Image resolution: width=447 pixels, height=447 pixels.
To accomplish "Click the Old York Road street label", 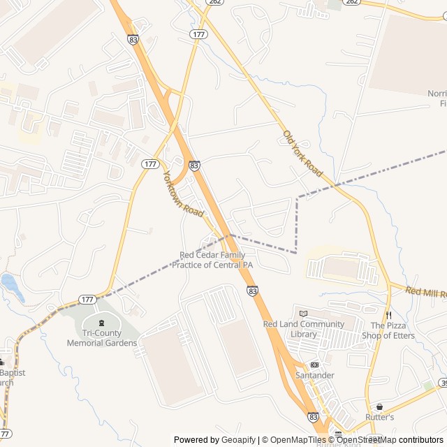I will tap(302, 152).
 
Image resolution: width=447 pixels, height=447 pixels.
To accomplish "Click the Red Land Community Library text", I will tap(303, 329).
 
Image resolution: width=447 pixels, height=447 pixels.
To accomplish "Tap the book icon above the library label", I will tap(303, 313).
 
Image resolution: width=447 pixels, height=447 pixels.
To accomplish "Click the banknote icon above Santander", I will tap(314, 365).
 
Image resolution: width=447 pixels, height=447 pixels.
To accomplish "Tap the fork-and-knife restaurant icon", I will tap(388, 315).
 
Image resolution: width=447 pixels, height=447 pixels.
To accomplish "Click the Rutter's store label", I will tap(379, 417).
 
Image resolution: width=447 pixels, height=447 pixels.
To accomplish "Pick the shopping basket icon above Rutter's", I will tap(379, 406).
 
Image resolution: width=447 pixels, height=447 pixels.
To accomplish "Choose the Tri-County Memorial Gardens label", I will tap(101, 338).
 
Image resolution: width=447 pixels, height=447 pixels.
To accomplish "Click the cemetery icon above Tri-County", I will tap(102, 323).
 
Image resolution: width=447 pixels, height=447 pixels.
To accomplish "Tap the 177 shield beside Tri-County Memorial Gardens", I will tap(87, 300).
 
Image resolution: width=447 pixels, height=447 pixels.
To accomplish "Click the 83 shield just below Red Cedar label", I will tap(252, 290).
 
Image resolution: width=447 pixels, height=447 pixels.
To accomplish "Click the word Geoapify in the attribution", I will tap(238, 440).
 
